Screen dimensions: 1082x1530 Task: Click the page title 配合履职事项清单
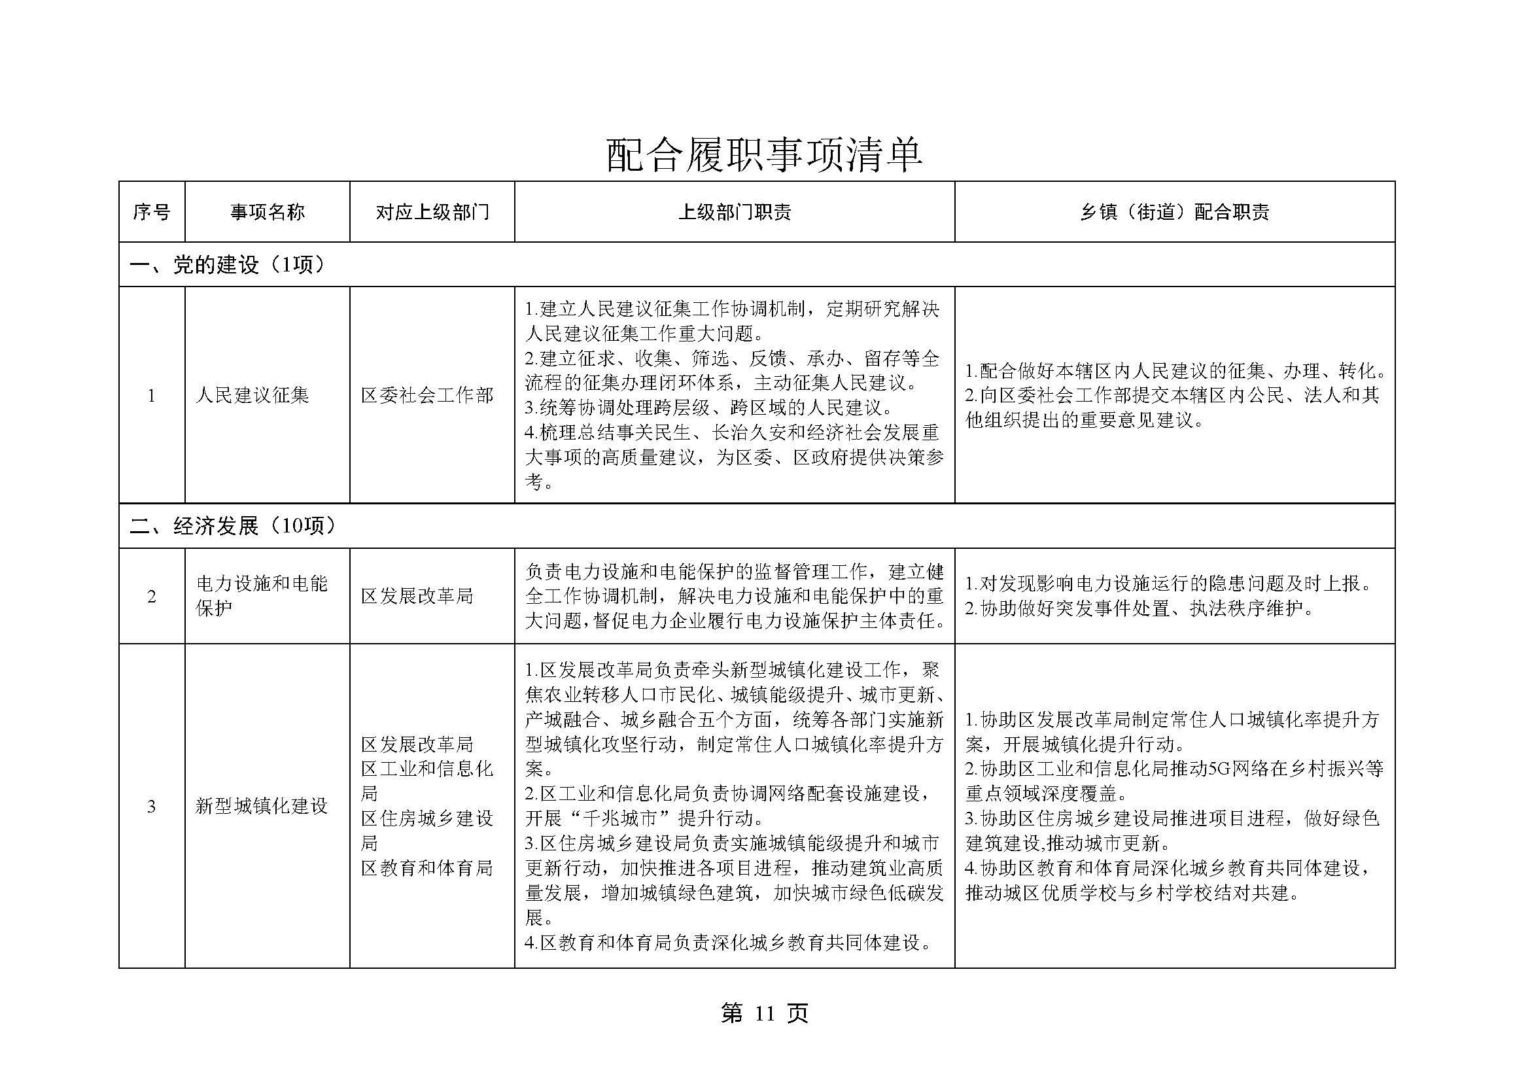tap(763, 154)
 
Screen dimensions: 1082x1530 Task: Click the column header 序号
tap(151, 212)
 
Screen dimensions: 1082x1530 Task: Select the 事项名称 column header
tap(268, 212)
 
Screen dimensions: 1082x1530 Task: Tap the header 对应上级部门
tap(432, 212)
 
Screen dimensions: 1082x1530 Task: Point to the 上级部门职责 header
tap(735, 212)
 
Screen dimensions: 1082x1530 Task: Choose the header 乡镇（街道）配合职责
tap(1174, 212)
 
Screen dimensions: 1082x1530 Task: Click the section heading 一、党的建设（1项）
tap(227, 265)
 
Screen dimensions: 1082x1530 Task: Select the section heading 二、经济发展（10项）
tap(233, 527)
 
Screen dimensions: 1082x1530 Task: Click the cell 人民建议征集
tap(252, 396)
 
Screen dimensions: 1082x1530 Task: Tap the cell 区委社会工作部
tap(427, 396)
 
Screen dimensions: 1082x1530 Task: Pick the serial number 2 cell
tap(151, 597)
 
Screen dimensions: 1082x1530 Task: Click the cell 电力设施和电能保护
tap(261, 596)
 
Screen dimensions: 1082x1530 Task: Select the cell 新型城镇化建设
tap(261, 806)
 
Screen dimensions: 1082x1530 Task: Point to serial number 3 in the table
tap(151, 807)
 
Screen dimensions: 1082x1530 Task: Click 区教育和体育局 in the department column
tap(426, 868)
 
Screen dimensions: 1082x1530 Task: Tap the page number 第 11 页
tap(764, 1013)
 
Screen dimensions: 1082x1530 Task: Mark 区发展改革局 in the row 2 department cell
tap(417, 597)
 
